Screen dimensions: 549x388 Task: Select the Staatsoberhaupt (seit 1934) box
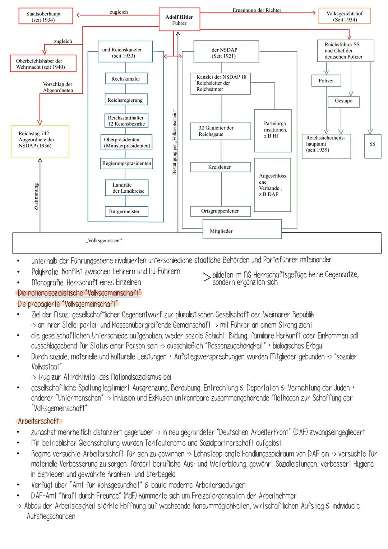tap(46, 17)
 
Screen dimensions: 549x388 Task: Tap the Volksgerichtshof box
tap(344, 17)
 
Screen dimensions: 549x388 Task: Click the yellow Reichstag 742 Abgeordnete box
tap(40, 142)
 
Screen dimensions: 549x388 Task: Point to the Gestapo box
tap(343, 101)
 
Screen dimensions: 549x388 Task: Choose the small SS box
tap(373, 144)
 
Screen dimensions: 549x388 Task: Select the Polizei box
tap(326, 81)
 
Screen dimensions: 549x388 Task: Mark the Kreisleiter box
tap(220, 167)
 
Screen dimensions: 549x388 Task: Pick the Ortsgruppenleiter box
tap(220, 211)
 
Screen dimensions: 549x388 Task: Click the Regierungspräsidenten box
tap(126, 164)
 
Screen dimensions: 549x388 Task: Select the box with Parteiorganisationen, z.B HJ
tap(273, 130)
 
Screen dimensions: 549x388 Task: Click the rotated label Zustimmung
tap(36, 197)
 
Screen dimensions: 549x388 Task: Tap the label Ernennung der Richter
tap(257, 10)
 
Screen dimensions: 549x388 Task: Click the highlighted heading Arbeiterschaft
tap(39, 421)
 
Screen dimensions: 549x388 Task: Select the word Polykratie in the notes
tap(45, 271)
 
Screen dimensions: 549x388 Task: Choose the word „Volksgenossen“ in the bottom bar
tap(103, 241)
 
